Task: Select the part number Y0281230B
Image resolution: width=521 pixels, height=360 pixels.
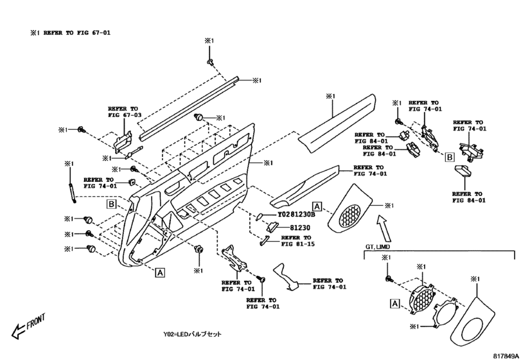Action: pos(296,215)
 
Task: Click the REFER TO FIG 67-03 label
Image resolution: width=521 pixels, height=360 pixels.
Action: pos(123,112)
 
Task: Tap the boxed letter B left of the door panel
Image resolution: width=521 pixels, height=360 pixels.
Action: pos(110,205)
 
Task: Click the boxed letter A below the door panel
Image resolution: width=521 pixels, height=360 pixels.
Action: pos(158,272)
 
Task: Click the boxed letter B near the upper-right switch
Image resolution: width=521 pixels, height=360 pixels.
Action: pos(450,156)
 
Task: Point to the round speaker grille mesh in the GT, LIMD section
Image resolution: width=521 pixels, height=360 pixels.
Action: pos(418,298)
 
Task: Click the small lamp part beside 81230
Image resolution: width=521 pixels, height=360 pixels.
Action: pos(272,227)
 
